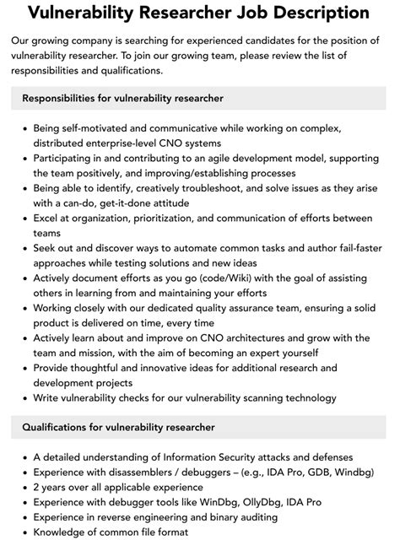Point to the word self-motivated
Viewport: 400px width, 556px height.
102,129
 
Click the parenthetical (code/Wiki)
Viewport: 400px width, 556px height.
232,278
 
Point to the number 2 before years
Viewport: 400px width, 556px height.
36,489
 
